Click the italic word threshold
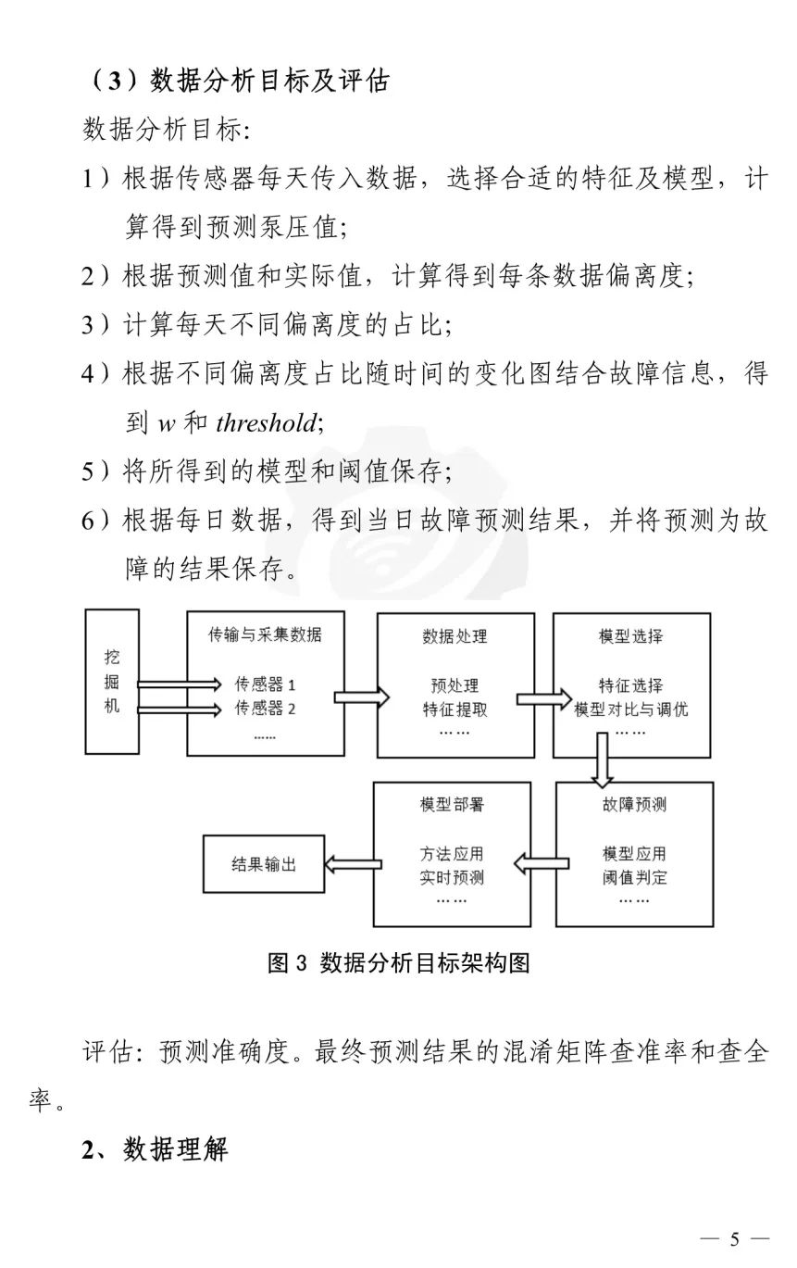click(265, 423)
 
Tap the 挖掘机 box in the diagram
click(112, 681)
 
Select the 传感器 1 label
click(265, 685)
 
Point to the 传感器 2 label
click(265, 709)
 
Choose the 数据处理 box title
click(455, 636)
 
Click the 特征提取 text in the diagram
click(455, 710)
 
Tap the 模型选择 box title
click(631, 636)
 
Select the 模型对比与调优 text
click(631, 710)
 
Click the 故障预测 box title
click(634, 805)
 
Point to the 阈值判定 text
click(634, 877)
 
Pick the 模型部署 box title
click(452, 805)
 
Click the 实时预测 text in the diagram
click(452, 877)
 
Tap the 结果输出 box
click(264, 864)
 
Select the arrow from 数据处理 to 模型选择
click(542, 697)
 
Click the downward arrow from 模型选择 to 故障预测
click(603, 757)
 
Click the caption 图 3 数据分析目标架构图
click(398, 963)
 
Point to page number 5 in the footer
click(736, 1239)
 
